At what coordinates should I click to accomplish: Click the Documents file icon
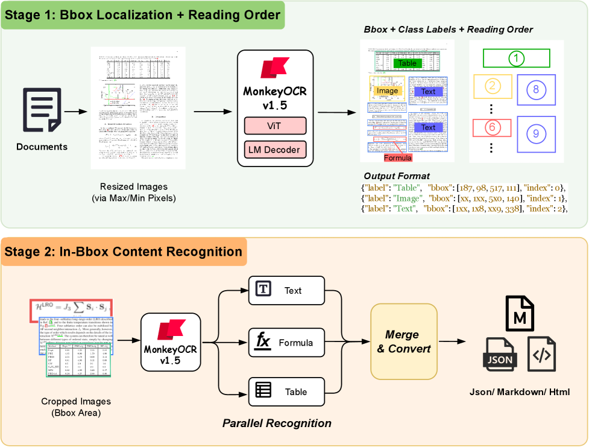pos(42,109)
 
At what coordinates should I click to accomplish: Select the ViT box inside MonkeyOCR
pos(275,126)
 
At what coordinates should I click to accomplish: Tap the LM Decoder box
pos(275,150)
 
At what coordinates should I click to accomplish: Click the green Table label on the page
pos(408,63)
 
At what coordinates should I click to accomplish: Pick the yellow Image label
pos(386,90)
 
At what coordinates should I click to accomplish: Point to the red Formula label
pos(398,158)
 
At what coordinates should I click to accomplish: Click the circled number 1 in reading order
pos(516,58)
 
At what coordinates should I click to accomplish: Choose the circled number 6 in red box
pos(493,127)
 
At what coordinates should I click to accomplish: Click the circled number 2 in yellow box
pos(493,86)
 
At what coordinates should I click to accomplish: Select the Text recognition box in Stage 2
pos(287,290)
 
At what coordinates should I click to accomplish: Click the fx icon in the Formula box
pos(263,341)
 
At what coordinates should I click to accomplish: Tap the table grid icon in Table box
pos(263,392)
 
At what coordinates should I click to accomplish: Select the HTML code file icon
pos(541,355)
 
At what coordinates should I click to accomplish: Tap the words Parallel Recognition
pos(277,423)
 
